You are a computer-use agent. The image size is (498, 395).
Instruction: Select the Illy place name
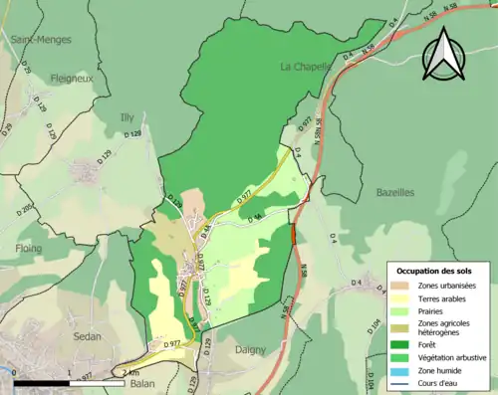tap(126, 115)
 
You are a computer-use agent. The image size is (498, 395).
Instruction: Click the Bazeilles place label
tap(395, 192)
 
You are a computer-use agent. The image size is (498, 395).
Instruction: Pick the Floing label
tap(28, 249)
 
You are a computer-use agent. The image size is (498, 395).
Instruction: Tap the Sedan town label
tap(88, 336)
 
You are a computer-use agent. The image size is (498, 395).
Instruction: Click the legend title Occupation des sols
tap(439, 272)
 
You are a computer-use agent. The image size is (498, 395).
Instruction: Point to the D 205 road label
tap(26, 208)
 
